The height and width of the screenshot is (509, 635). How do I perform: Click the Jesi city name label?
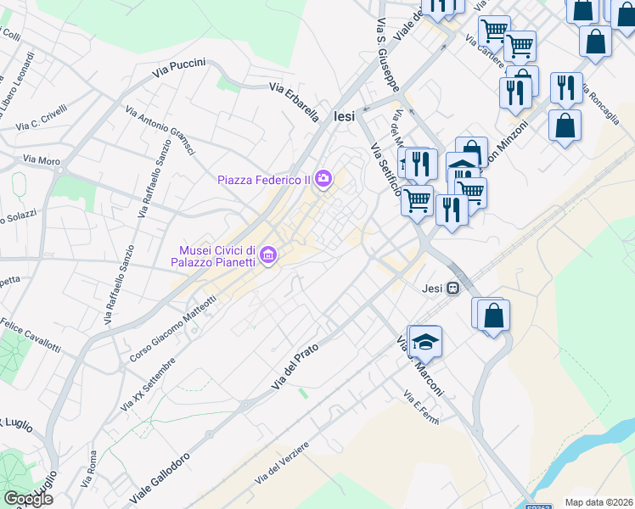tap(345, 117)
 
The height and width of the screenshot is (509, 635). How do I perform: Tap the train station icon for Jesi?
tap(454, 288)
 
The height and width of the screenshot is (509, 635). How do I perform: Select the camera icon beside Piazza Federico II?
tap(323, 178)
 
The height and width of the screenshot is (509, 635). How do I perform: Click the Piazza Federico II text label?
tap(263, 179)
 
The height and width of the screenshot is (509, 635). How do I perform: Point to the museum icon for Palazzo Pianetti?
tap(268, 255)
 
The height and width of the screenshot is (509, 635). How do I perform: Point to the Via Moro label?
tap(42, 159)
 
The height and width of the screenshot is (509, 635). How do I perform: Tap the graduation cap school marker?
tap(426, 342)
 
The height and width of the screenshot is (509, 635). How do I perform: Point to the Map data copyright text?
tap(598, 502)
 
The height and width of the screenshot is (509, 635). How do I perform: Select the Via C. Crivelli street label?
tap(41, 121)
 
